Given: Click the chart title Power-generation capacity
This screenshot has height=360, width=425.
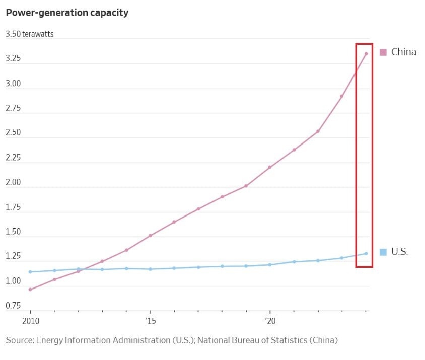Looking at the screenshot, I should click(x=67, y=13).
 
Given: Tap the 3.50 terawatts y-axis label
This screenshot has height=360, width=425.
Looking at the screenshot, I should click(x=30, y=34).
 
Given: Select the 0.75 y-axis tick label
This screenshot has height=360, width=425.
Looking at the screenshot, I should click(x=14, y=306).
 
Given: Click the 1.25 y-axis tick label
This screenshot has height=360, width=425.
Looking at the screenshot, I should click(x=14, y=256).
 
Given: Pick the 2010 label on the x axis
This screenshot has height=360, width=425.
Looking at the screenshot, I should click(x=30, y=320).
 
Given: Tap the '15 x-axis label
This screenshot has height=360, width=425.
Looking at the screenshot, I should click(x=150, y=320).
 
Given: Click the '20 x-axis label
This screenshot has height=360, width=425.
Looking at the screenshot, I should click(x=269, y=320).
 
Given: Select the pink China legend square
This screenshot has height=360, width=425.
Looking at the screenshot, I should click(x=383, y=52).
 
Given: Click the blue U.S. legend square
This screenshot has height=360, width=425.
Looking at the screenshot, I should click(x=383, y=252).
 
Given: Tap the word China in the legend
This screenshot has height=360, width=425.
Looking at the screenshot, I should click(x=404, y=52).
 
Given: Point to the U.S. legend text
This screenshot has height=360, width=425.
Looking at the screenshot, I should click(x=400, y=252).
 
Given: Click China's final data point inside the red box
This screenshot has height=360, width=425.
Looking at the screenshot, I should click(x=366, y=54).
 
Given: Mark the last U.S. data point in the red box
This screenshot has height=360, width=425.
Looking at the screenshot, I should click(x=366, y=253).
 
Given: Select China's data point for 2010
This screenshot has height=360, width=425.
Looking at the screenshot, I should click(x=30, y=290).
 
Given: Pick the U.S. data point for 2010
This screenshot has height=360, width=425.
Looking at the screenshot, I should click(x=30, y=272).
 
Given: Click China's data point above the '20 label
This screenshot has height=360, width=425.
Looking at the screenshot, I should click(x=270, y=167).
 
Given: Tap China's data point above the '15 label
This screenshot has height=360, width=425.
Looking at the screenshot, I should click(x=150, y=236).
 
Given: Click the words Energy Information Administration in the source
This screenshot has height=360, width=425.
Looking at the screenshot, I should click(x=102, y=340).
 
